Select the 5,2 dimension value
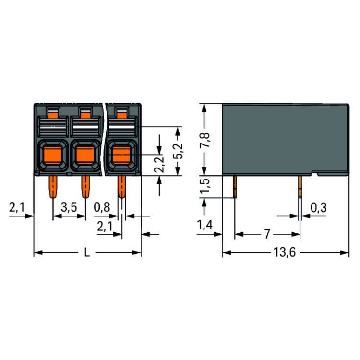pyautogui.click(x=179, y=151)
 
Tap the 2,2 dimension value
pyautogui.click(x=159, y=165)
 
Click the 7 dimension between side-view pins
pyautogui.click(x=267, y=234)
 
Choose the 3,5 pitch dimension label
pyautogui.click(x=69, y=208)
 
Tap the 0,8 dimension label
pyautogui.click(x=102, y=208)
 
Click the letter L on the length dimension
pyautogui.click(x=87, y=253)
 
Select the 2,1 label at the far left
pyautogui.click(x=16, y=208)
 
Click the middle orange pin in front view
pyautogui.click(x=85, y=187)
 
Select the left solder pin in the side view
pyautogui.click(x=235, y=187)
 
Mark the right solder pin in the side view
pyautogui.click(x=300, y=187)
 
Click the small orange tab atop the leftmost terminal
pyautogui.click(x=51, y=113)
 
